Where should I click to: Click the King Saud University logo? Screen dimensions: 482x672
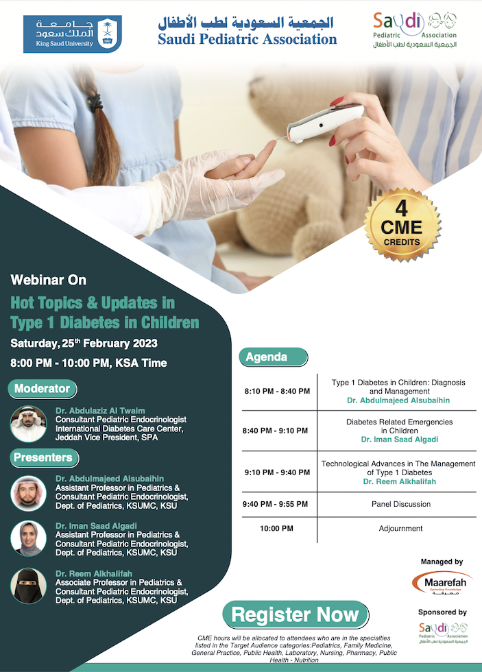(73, 34)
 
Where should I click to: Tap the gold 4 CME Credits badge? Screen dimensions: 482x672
(402, 225)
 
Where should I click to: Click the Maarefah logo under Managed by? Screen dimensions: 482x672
(442, 583)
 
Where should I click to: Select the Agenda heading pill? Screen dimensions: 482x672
(274, 357)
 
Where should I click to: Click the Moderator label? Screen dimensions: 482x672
(43, 389)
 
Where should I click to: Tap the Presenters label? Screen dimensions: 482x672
(44, 458)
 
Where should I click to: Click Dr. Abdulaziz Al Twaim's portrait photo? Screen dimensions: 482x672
(28, 424)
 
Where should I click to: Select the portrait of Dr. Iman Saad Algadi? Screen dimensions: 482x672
(28, 539)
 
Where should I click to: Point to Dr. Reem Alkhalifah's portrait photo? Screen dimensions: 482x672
(28, 586)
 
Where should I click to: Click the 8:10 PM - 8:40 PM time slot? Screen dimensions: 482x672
(277, 392)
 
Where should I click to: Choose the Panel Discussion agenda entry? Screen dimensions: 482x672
(401, 505)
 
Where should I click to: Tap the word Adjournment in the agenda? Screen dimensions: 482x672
(400, 529)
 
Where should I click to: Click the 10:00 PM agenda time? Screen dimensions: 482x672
(277, 529)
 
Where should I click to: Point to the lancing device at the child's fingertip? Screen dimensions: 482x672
(324, 123)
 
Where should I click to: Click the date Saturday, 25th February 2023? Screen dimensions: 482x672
(84, 344)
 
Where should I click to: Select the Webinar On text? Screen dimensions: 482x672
(49, 280)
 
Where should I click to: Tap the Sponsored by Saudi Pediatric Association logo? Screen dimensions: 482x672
(443, 633)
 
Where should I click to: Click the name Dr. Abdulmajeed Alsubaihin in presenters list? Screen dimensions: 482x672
(110, 479)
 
